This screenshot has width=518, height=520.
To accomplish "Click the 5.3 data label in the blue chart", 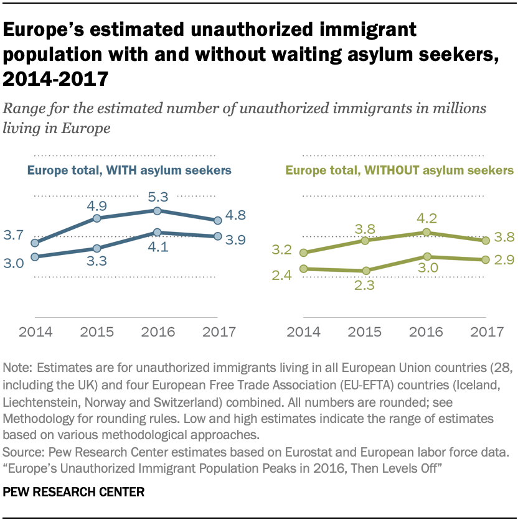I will point(158,197).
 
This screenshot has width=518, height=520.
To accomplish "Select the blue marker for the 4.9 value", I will point(97,218).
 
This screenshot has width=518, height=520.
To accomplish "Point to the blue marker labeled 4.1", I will point(158,233).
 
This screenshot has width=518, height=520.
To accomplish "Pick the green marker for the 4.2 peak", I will point(426,232).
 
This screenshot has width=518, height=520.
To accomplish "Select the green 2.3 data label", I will point(365,286).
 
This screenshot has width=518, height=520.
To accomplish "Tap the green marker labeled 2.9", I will point(485,259).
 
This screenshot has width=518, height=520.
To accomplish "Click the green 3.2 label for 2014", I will point(282,250).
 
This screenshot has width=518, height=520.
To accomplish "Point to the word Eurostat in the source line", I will point(280,447).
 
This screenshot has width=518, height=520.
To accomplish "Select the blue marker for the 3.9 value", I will point(217,236).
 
